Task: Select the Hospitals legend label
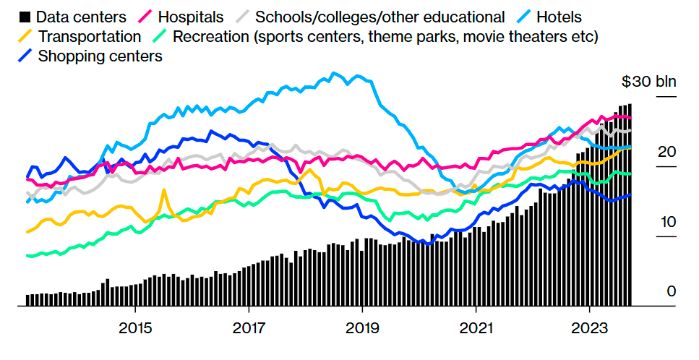pyautogui.click(x=190, y=17)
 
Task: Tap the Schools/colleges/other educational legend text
pyautogui.click(x=380, y=17)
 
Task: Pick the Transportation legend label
pyautogui.click(x=90, y=36)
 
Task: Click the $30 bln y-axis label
pyautogui.click(x=648, y=81)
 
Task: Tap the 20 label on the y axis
pyautogui.click(x=666, y=152)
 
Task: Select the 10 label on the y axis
pyautogui.click(x=666, y=221)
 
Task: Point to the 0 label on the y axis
pyautogui.click(x=671, y=291)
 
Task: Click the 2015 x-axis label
pyautogui.click(x=134, y=328)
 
